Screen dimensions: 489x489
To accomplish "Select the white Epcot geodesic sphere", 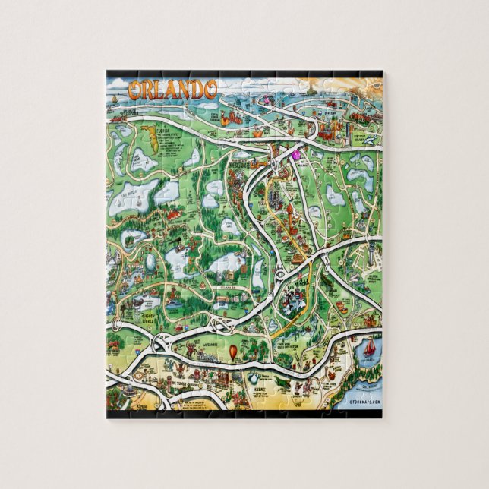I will click(x=153, y=263).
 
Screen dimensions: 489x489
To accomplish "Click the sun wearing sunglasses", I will click(x=364, y=86).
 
